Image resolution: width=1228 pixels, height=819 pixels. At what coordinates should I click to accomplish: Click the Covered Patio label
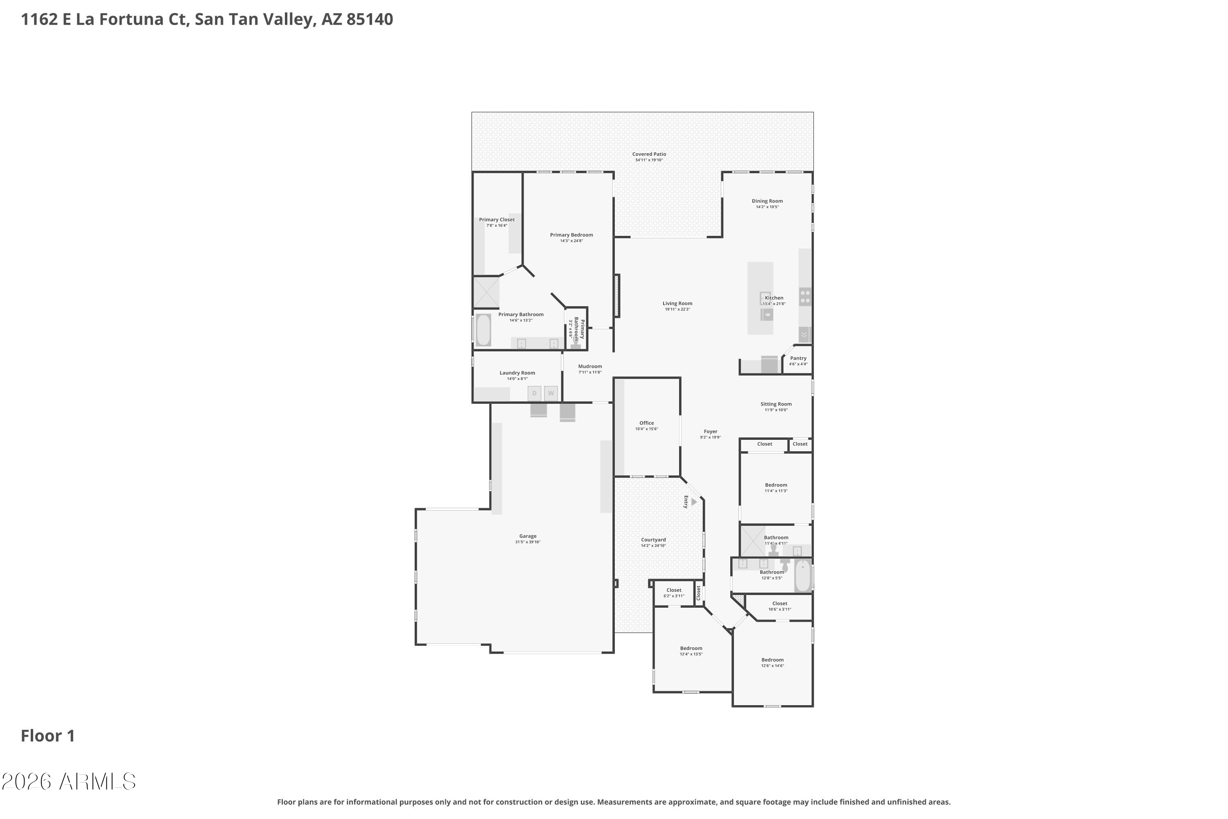pos(649,154)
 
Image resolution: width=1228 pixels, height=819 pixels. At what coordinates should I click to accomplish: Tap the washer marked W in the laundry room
pos(551,393)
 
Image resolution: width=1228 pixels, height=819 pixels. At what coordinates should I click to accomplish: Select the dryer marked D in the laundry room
pos(534,393)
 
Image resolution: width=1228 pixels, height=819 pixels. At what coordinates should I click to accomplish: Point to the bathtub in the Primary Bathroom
pos(483,330)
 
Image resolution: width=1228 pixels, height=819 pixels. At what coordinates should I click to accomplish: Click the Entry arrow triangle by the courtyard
pos(694,502)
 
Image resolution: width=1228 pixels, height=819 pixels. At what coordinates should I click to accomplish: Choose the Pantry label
pos(798,358)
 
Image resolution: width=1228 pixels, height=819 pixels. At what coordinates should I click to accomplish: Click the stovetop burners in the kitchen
pos(805,296)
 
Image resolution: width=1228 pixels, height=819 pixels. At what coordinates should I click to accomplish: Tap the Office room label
pos(646,423)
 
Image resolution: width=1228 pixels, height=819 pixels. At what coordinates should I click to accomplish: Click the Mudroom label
pos(590,367)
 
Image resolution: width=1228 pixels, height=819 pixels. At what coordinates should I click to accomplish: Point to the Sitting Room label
pos(776,404)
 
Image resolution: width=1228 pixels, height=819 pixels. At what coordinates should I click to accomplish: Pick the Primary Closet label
pos(497,220)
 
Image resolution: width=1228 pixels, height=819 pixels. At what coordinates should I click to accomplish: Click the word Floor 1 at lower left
pos(47,736)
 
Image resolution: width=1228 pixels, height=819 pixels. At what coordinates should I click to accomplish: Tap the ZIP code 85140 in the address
pos(370,19)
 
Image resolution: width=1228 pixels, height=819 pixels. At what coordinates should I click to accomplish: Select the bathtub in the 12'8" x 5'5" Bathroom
pos(803,576)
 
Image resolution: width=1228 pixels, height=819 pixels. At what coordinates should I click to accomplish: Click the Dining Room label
pos(767,201)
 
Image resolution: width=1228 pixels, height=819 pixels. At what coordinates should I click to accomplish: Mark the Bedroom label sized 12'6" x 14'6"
pos(772,660)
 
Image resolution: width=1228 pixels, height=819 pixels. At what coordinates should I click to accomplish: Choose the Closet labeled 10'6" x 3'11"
pos(779,604)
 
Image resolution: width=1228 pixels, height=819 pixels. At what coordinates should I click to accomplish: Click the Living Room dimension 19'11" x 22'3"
pos(677,309)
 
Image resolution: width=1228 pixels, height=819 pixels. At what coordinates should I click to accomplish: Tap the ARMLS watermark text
pos(98,782)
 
